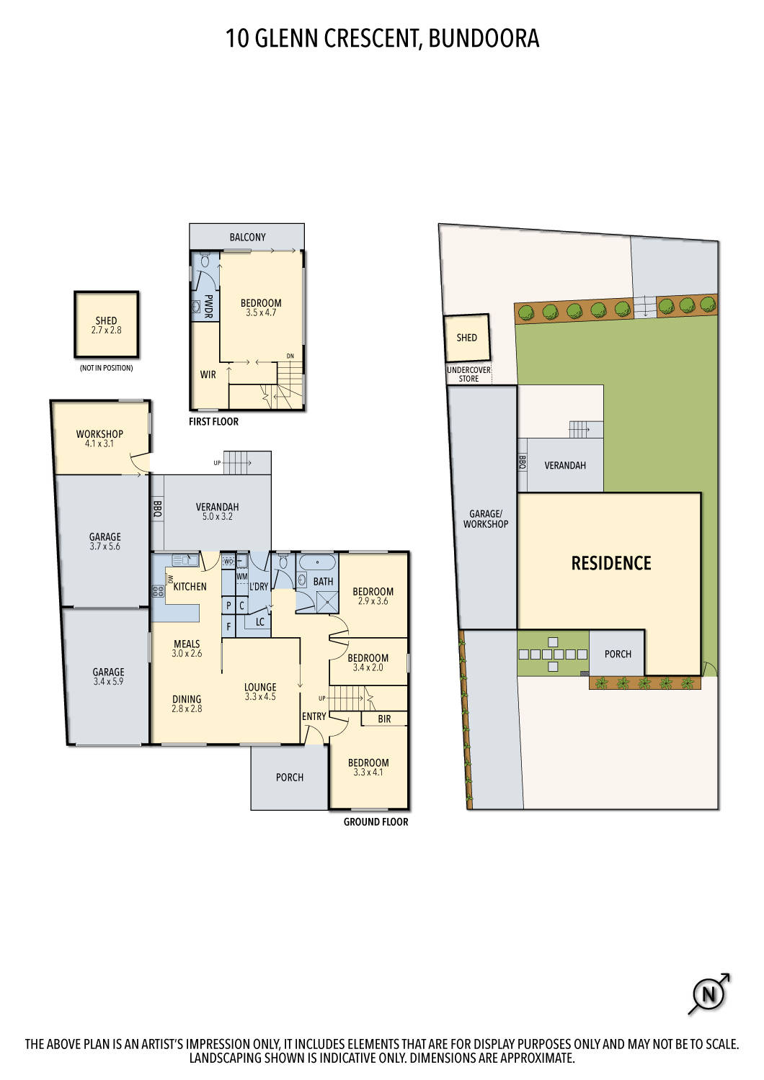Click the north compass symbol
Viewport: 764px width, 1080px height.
(x=709, y=994)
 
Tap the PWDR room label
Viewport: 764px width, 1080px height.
(x=208, y=305)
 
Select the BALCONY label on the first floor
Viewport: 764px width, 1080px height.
(x=247, y=237)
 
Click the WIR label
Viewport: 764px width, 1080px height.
(x=208, y=374)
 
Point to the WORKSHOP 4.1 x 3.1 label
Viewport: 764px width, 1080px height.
(x=99, y=438)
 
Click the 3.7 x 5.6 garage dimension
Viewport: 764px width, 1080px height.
(x=105, y=546)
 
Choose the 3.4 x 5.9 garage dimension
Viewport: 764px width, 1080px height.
(x=108, y=681)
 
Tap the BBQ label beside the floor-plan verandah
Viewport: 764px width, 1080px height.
(x=158, y=509)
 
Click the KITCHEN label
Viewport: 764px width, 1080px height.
(x=190, y=587)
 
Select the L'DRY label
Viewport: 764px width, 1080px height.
(x=259, y=587)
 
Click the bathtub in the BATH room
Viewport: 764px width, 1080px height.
(x=317, y=562)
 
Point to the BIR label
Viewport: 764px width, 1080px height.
(x=384, y=719)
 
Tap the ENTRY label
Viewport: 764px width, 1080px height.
(x=314, y=716)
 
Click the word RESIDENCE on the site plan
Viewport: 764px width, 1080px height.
(x=611, y=563)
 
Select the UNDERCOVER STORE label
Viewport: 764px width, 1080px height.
(x=468, y=374)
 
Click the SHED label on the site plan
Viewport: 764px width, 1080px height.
(x=466, y=337)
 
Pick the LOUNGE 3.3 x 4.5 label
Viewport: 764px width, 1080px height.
(x=260, y=692)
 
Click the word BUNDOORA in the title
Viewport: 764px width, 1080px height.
(x=484, y=38)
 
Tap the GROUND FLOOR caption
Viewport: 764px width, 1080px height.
(x=376, y=822)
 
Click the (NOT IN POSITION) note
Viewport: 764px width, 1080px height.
(x=106, y=368)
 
